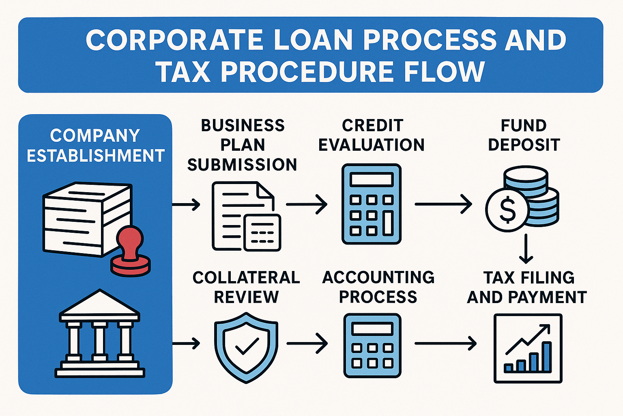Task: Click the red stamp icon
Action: click(131, 252)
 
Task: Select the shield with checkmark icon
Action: click(246, 347)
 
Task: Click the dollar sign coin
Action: click(507, 210)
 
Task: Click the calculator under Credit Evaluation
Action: click(371, 204)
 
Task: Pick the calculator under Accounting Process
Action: click(372, 345)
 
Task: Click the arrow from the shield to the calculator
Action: click(307, 344)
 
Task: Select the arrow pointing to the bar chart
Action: click(445, 344)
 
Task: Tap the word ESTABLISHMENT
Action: click(96, 156)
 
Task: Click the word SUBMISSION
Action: click(242, 165)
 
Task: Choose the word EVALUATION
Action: click(371, 145)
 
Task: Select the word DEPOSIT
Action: click(524, 145)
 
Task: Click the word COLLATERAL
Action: click(246, 277)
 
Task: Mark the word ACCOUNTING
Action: click(378, 277)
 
